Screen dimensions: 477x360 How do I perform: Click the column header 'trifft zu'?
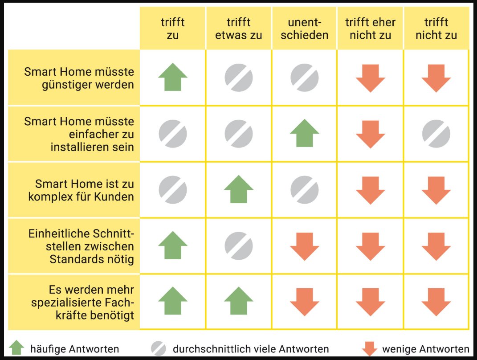[172, 29]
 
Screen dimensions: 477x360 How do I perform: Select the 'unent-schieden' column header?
[304, 29]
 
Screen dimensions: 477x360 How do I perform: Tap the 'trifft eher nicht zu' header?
[370, 29]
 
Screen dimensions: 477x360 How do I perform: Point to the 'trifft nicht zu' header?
[436, 29]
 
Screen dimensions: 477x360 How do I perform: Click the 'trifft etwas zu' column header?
[238, 29]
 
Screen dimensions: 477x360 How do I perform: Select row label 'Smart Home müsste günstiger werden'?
[79, 78]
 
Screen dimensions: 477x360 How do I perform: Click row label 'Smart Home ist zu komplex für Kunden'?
[81, 190]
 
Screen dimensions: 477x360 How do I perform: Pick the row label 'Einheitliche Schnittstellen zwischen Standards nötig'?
[81, 246]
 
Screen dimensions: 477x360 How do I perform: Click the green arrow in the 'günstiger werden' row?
[173, 78]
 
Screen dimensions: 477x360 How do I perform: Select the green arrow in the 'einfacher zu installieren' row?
[305, 134]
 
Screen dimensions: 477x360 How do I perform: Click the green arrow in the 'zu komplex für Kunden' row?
[239, 190]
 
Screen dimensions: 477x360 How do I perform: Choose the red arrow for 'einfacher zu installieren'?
[371, 134]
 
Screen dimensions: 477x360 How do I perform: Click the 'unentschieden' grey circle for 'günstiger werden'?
[305, 78]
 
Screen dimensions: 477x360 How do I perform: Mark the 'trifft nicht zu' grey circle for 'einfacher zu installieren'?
[436, 134]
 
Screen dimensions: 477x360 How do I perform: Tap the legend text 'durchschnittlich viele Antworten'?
[251, 349]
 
